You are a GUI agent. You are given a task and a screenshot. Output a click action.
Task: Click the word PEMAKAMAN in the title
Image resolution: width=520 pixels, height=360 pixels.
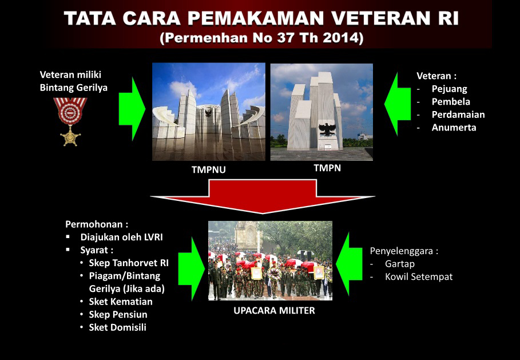pyautogui.click(x=255, y=18)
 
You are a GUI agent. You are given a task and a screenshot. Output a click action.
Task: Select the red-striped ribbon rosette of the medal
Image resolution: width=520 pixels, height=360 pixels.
pyautogui.click(x=70, y=111)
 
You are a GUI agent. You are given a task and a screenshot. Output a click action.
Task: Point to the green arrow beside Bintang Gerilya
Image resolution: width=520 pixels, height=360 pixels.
pyautogui.click(x=132, y=109)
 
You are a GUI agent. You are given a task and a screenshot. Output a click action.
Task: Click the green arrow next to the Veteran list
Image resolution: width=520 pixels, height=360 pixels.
pyautogui.click(x=398, y=104)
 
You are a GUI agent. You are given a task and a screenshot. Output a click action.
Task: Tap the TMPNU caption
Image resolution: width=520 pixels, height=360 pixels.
pyautogui.click(x=209, y=169)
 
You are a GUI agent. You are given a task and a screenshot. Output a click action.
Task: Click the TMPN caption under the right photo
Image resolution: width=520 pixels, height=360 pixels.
pyautogui.click(x=327, y=168)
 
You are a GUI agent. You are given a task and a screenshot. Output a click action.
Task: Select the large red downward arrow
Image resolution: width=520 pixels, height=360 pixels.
pyautogui.click(x=263, y=196)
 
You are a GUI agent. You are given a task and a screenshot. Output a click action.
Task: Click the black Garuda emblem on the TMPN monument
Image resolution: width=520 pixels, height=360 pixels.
pyautogui.click(x=327, y=129)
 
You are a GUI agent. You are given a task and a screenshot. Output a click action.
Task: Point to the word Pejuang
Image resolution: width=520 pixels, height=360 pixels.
pyautogui.click(x=450, y=89)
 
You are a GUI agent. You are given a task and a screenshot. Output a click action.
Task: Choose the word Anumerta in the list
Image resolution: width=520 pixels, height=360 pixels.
pyautogui.click(x=454, y=128)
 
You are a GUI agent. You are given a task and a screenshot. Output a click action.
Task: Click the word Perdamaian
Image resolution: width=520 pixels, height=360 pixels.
pyautogui.click(x=458, y=114)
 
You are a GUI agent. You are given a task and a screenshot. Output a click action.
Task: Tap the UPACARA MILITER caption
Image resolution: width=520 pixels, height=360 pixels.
pyautogui.click(x=274, y=311)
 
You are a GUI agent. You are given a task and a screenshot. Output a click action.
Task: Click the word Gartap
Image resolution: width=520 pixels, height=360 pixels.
pyautogui.click(x=400, y=264)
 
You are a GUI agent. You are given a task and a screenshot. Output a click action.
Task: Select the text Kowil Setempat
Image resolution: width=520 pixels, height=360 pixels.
pyautogui.click(x=419, y=276)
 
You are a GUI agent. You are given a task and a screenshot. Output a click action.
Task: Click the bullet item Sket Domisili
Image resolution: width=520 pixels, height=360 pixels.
pyautogui.click(x=117, y=327)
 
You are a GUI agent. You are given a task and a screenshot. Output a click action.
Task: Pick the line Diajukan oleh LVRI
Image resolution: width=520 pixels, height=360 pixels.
pyautogui.click(x=121, y=238)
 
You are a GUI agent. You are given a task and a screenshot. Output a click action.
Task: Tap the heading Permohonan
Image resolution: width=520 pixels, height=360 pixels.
pyautogui.click(x=97, y=224)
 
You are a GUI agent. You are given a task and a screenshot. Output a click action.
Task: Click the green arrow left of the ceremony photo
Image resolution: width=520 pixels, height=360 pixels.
pyautogui.click(x=191, y=269)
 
